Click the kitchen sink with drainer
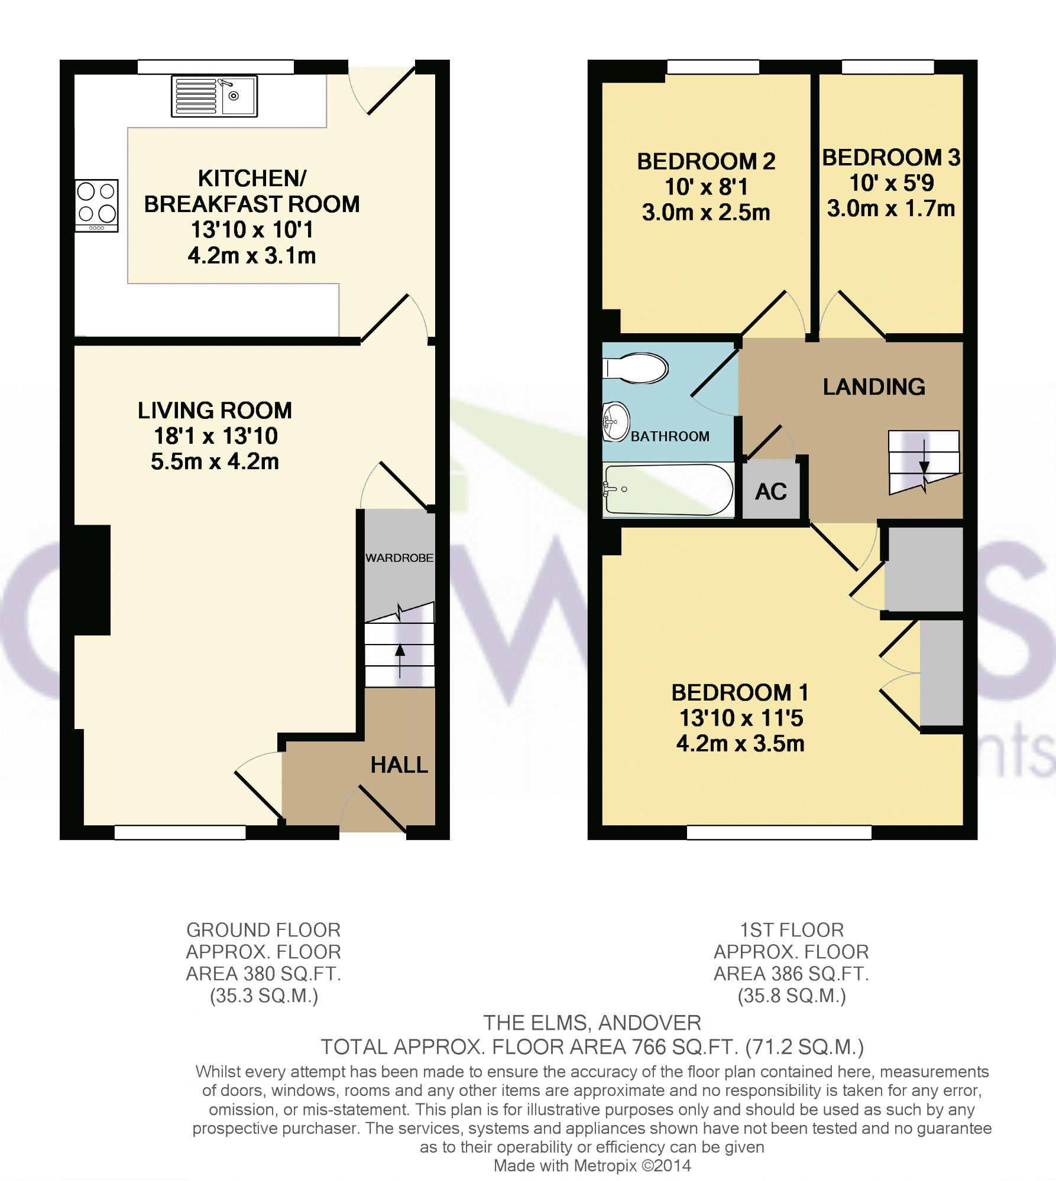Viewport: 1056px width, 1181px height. coord(214,96)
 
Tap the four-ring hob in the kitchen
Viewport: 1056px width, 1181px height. coord(97,206)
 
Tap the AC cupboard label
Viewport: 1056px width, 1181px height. coord(771,492)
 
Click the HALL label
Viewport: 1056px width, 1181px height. coord(399,765)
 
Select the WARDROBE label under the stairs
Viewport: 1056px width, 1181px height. coord(399,558)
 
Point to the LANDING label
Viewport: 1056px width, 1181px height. coord(874,386)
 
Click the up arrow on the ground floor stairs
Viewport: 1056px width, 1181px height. coord(400,661)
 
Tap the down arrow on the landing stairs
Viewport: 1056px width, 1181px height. coord(924,457)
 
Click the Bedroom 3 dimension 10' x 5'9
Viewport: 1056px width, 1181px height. coord(891,183)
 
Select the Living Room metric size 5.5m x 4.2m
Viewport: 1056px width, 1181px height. coord(215,461)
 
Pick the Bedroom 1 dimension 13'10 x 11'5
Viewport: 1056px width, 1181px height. coord(741,718)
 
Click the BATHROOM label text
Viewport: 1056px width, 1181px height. coord(670,437)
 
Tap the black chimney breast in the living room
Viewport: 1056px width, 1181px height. coord(92,580)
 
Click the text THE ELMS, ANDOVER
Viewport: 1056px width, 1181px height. coord(592,1022)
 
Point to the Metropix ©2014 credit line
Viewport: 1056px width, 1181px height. coord(592,1166)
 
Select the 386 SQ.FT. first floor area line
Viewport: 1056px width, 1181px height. coord(791,974)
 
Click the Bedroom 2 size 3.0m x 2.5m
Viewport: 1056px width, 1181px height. coord(706,213)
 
